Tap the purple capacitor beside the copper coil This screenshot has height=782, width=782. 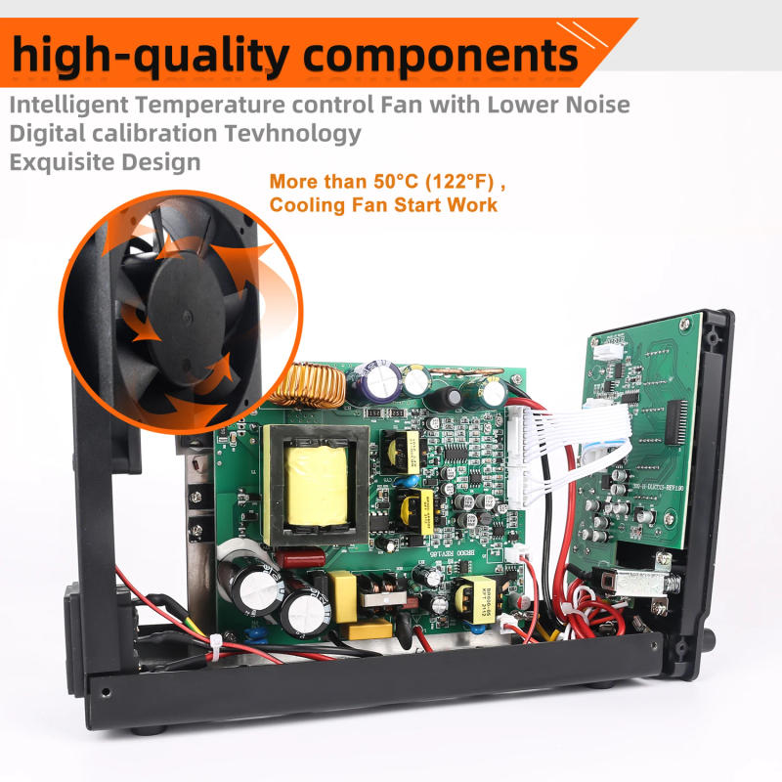pyautogui.click(x=375, y=381)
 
